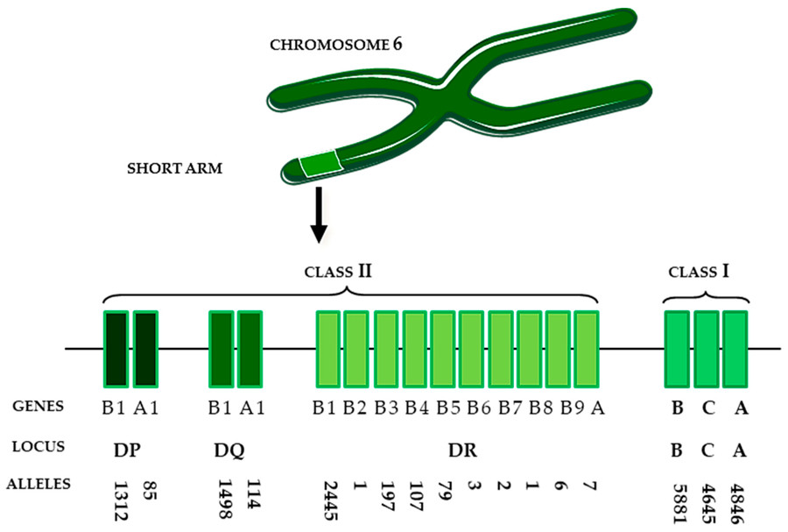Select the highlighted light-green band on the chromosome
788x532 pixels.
[320, 164]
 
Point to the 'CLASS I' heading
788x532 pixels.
[705, 270]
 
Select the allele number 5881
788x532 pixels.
[676, 501]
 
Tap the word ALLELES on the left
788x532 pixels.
[39, 485]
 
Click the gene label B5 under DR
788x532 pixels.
[447, 408]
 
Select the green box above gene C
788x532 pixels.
[707, 349]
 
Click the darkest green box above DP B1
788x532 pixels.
[116, 349]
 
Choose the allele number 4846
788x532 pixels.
[738, 501]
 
